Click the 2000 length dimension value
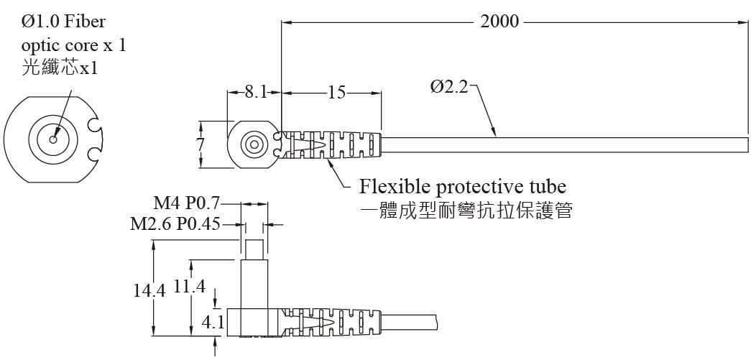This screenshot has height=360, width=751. pos(499,21)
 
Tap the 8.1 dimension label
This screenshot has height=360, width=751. pos(256,91)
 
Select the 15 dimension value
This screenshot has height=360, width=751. pos(336,91)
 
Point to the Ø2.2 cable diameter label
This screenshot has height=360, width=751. pos(449,87)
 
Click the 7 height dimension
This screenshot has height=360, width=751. pos(201,143)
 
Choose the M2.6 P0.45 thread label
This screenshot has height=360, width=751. pos(175,224)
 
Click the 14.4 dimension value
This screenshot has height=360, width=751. pos(149,290)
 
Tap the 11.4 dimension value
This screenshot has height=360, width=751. pos(189,286)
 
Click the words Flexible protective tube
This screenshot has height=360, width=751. pos(462,187)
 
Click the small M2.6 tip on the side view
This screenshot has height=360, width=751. pos(254,250)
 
